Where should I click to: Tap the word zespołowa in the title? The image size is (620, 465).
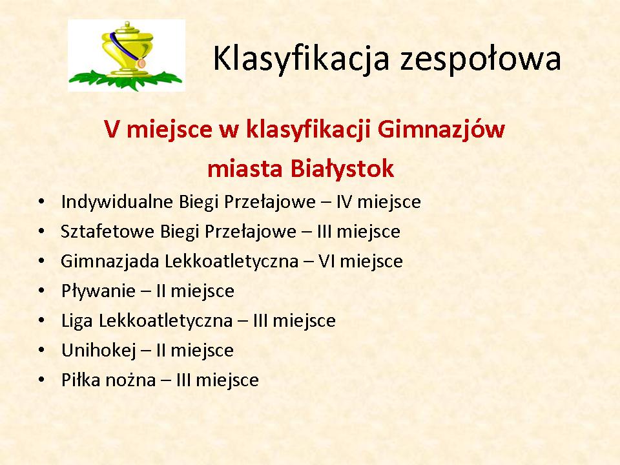[480, 59]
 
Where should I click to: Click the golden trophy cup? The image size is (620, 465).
[127, 50]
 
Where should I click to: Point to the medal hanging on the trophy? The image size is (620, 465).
[141, 63]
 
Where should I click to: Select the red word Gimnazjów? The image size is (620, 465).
[441, 129]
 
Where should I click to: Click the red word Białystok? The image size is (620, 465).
[342, 168]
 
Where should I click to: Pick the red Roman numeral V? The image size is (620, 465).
[112, 129]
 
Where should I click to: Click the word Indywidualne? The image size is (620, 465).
[117, 202]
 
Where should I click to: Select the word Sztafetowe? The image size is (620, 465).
[107, 231]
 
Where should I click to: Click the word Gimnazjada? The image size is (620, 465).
[110, 262]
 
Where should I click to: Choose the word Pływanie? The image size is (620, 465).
[98, 291]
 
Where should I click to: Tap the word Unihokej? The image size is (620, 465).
[98, 350]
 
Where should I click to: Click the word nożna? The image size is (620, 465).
[131, 380]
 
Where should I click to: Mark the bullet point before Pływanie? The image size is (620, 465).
[41, 291]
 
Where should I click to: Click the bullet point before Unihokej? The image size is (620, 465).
[41, 350]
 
